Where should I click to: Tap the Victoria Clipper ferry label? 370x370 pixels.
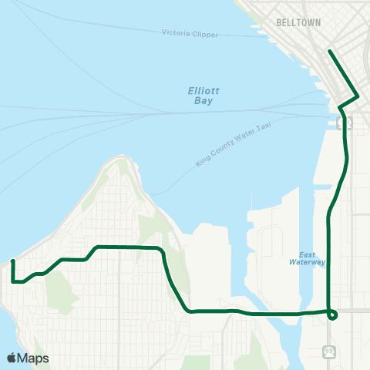[x=190, y=34]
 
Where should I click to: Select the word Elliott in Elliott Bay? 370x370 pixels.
[x=203, y=90]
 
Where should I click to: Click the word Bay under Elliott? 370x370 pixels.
[x=203, y=100]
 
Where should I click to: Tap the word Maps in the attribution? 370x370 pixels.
[x=34, y=358]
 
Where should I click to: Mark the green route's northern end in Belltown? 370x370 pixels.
[x=330, y=52]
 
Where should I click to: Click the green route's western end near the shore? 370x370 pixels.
[x=12, y=262]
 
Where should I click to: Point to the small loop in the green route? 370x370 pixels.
[x=332, y=314]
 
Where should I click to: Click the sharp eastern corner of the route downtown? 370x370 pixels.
[x=358, y=96]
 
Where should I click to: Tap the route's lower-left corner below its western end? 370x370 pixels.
[x=14, y=282]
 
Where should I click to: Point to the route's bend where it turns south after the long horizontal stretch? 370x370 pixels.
[x=163, y=251]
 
